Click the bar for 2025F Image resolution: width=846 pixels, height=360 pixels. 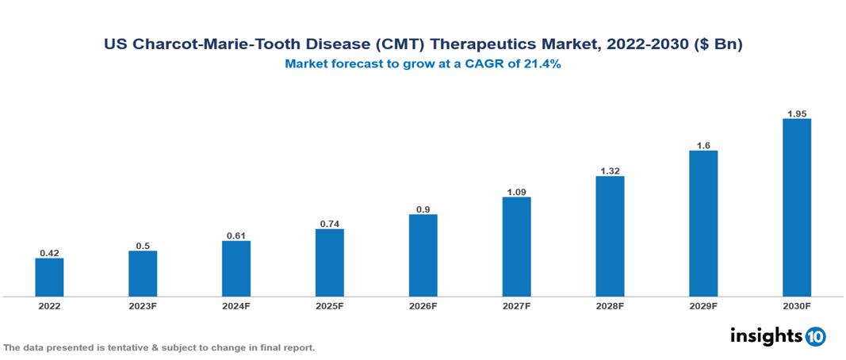330,262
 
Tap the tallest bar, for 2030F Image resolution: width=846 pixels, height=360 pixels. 797,208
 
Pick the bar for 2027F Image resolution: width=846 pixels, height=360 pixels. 517,247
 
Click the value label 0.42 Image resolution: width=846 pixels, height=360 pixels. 49,253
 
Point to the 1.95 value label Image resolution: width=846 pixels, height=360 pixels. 797,113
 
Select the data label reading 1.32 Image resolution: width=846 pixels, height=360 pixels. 610,170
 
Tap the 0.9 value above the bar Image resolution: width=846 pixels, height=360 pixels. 423,209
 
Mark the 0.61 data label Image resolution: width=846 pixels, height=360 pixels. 236,236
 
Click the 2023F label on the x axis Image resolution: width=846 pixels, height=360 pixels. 143,306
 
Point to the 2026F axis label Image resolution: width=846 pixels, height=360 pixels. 423,306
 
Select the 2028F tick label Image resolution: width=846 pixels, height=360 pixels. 610,306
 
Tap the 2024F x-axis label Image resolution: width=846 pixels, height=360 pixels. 236,306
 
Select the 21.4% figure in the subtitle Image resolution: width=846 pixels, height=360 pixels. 542,65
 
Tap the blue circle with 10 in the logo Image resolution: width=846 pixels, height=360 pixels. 816,336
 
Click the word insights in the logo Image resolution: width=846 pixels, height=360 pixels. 766,335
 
